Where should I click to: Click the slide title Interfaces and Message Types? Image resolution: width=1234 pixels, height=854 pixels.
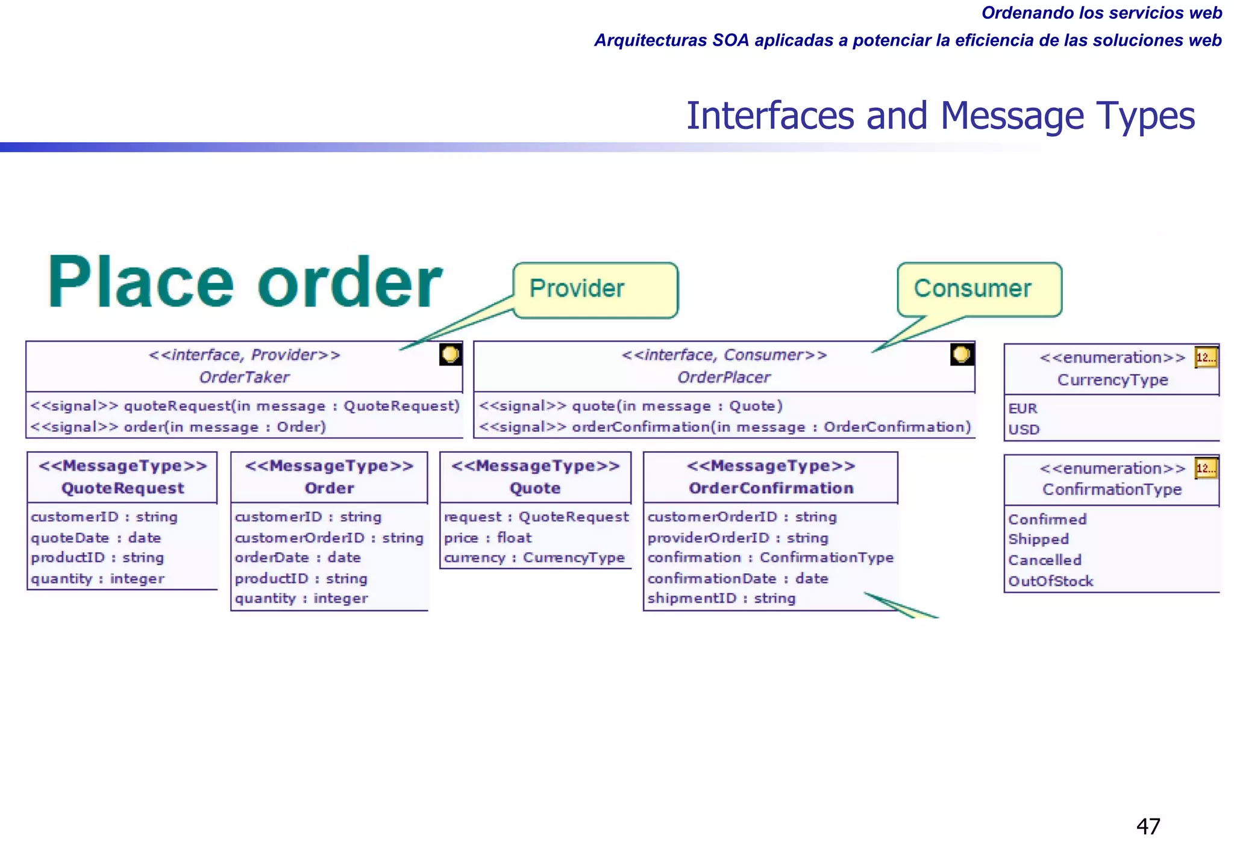(940, 116)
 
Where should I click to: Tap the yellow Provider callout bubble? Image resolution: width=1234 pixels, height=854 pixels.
(595, 290)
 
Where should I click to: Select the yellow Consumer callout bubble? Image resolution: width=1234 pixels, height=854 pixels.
(979, 289)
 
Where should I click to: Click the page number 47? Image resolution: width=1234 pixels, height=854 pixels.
(1148, 826)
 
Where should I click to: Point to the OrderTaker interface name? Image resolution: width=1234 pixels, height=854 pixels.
(244, 378)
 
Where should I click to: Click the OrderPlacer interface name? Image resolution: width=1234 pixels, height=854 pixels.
(724, 378)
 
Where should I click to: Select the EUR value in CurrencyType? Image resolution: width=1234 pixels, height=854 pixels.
(1023, 409)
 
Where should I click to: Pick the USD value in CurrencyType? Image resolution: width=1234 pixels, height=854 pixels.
(1024, 430)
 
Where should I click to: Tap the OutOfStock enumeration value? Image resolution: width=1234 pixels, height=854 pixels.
(1050, 581)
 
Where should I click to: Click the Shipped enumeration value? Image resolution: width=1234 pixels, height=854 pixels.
(1038, 540)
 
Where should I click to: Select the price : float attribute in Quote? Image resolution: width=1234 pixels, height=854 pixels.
(487, 538)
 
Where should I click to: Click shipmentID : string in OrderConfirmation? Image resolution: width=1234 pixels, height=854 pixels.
(721, 599)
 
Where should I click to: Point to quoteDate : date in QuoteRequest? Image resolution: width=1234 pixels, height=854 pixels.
(96, 538)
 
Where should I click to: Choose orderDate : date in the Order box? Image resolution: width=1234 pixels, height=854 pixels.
(298, 558)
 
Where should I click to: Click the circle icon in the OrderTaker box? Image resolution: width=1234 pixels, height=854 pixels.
(450, 354)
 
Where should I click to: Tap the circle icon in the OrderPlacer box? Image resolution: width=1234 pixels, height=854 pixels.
(961, 354)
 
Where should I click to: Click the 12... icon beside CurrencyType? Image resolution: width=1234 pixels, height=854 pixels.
(1206, 358)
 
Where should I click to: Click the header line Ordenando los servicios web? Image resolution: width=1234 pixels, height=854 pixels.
(1101, 13)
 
